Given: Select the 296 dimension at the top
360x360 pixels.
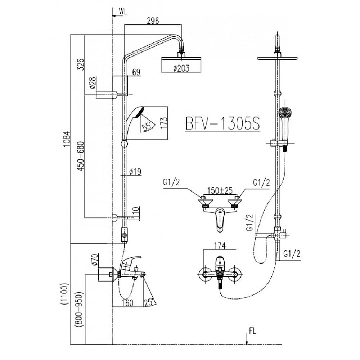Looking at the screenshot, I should click(x=153, y=21).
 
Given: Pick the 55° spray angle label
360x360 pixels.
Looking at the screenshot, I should click(x=147, y=127).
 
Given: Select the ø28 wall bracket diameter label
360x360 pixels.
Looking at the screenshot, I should click(x=93, y=84).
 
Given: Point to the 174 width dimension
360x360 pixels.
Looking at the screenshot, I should click(x=220, y=246).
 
